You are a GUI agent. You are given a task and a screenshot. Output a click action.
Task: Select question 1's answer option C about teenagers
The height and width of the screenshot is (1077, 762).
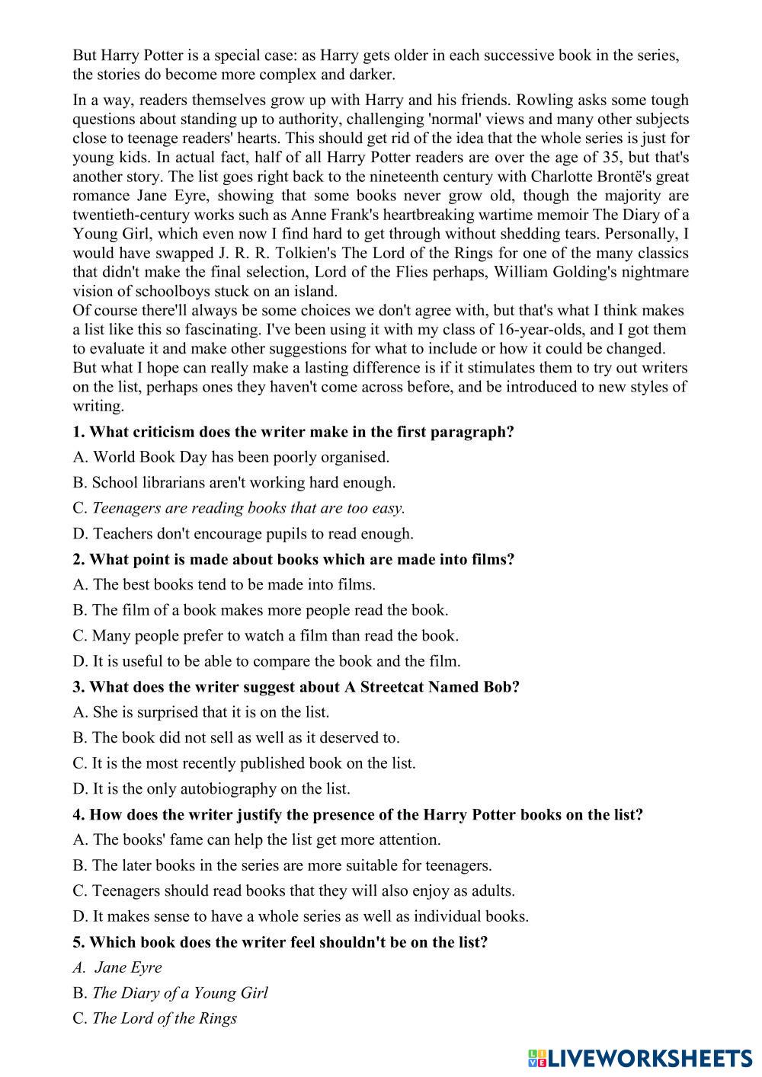[x=239, y=508]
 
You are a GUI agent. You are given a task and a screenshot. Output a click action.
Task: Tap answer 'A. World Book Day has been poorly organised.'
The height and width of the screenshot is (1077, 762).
[x=231, y=457]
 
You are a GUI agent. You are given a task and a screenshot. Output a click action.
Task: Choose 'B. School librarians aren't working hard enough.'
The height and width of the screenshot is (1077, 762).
[x=234, y=482]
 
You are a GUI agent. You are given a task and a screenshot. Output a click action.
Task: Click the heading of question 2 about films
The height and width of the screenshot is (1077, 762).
[x=293, y=559]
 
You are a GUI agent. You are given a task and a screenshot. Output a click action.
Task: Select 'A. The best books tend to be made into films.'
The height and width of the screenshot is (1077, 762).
[x=224, y=585]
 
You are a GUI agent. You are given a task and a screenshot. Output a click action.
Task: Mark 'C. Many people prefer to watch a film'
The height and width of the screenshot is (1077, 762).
[x=265, y=635]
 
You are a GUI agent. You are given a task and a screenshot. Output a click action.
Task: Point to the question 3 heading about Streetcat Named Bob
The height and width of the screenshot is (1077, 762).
[x=296, y=686]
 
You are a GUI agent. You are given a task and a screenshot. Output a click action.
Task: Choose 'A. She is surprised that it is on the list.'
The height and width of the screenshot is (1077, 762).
[x=201, y=712]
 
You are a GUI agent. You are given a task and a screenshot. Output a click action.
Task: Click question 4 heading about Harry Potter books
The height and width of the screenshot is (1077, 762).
[x=357, y=814]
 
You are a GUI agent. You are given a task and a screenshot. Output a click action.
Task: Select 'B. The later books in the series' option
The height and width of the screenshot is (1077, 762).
[x=282, y=865]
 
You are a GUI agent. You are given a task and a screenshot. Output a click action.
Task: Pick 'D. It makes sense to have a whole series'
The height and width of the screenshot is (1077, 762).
[x=300, y=916]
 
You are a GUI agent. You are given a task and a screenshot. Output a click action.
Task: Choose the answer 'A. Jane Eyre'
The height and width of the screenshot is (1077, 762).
[x=118, y=967]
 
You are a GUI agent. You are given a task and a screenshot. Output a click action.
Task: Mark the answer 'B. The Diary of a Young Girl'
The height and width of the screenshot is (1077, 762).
[x=170, y=992]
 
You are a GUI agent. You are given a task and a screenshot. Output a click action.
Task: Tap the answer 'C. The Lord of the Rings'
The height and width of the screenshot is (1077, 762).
[x=155, y=1018]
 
